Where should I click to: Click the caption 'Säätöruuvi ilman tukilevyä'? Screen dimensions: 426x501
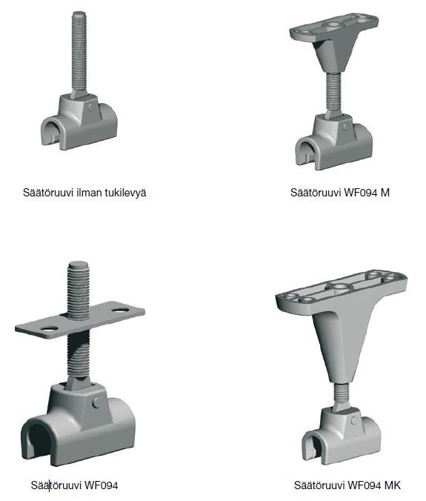(x=84, y=193)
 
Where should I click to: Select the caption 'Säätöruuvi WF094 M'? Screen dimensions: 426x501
(x=340, y=193)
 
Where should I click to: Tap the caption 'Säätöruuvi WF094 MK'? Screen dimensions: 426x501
(x=347, y=485)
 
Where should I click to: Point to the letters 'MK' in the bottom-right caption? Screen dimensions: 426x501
(x=393, y=485)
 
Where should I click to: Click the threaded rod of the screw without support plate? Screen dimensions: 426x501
(x=79, y=52)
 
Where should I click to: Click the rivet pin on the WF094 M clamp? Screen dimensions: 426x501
(x=345, y=127)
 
